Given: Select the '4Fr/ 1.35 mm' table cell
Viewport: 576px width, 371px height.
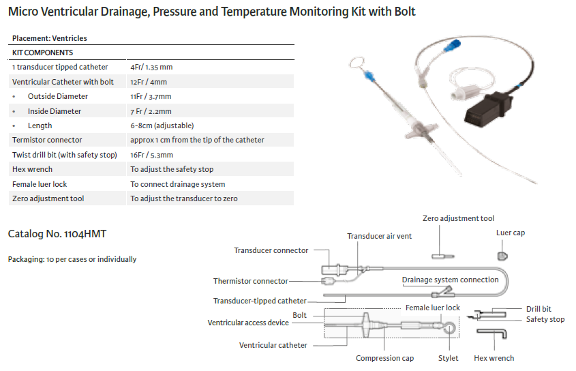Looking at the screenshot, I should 151,67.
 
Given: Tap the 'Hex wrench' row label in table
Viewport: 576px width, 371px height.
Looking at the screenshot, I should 32,169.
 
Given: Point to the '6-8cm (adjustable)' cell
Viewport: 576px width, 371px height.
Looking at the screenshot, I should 162,125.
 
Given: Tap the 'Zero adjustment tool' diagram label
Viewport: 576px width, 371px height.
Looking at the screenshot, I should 458,218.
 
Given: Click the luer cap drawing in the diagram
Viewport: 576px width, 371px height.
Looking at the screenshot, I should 502,256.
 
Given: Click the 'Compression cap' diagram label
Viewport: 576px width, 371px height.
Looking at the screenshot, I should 384,358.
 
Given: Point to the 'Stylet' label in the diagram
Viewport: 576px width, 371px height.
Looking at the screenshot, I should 448,358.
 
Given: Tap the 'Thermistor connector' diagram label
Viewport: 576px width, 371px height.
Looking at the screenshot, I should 251,281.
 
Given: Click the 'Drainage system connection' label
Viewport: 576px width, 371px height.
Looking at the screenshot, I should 450,280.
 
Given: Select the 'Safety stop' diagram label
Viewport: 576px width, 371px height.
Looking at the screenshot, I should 545,319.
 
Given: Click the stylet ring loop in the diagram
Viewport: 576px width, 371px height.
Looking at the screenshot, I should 447,328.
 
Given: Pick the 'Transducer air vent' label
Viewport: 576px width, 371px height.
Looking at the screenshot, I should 379,236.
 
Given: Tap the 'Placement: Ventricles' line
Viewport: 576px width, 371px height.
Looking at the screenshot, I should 50,38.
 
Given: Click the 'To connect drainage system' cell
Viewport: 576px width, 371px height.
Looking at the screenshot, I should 178,184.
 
